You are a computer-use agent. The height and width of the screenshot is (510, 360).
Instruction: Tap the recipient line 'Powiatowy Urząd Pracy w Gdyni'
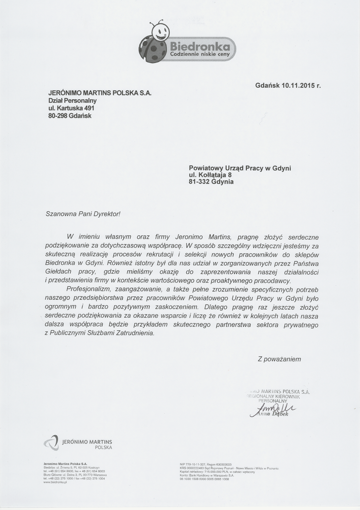(x=240, y=168)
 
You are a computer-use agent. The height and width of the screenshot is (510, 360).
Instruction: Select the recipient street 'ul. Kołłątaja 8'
(x=214, y=175)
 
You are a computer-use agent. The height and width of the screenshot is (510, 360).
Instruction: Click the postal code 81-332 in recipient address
(x=200, y=182)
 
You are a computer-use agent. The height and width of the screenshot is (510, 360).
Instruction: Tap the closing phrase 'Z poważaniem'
(x=279, y=359)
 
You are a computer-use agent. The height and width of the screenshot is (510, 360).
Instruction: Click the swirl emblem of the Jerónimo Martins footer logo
(x=51, y=443)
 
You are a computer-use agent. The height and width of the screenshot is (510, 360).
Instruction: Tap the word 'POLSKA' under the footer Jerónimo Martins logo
(x=103, y=448)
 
